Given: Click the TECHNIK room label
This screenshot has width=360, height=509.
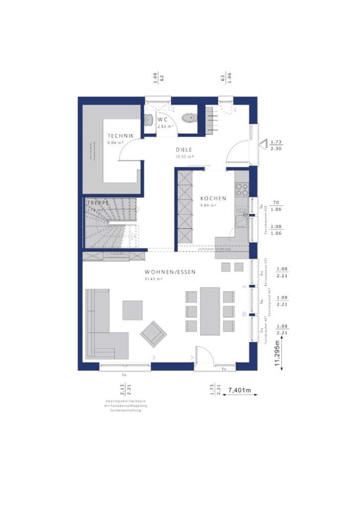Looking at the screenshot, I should tap(120, 136).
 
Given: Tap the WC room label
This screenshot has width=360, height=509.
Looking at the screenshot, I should tap(163, 120).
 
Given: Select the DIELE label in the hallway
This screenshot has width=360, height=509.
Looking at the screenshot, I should tap(183, 150).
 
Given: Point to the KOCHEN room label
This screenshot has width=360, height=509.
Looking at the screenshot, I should tap(213, 198).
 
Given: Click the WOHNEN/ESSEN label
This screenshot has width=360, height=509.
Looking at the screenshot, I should tap(170, 272).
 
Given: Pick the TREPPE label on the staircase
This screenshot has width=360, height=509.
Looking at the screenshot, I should tap(97, 203).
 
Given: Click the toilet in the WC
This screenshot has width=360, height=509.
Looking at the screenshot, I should tap(188, 118).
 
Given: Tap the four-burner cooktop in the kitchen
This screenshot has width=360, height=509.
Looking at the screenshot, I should tap(242, 189).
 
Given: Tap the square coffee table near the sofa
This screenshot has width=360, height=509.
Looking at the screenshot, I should tap(132, 310).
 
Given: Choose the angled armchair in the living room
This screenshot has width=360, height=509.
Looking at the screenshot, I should tap(153, 334).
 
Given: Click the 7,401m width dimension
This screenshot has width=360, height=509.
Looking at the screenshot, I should tap(239, 391).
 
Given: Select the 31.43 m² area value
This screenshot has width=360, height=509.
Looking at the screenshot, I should tap(154, 279).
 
